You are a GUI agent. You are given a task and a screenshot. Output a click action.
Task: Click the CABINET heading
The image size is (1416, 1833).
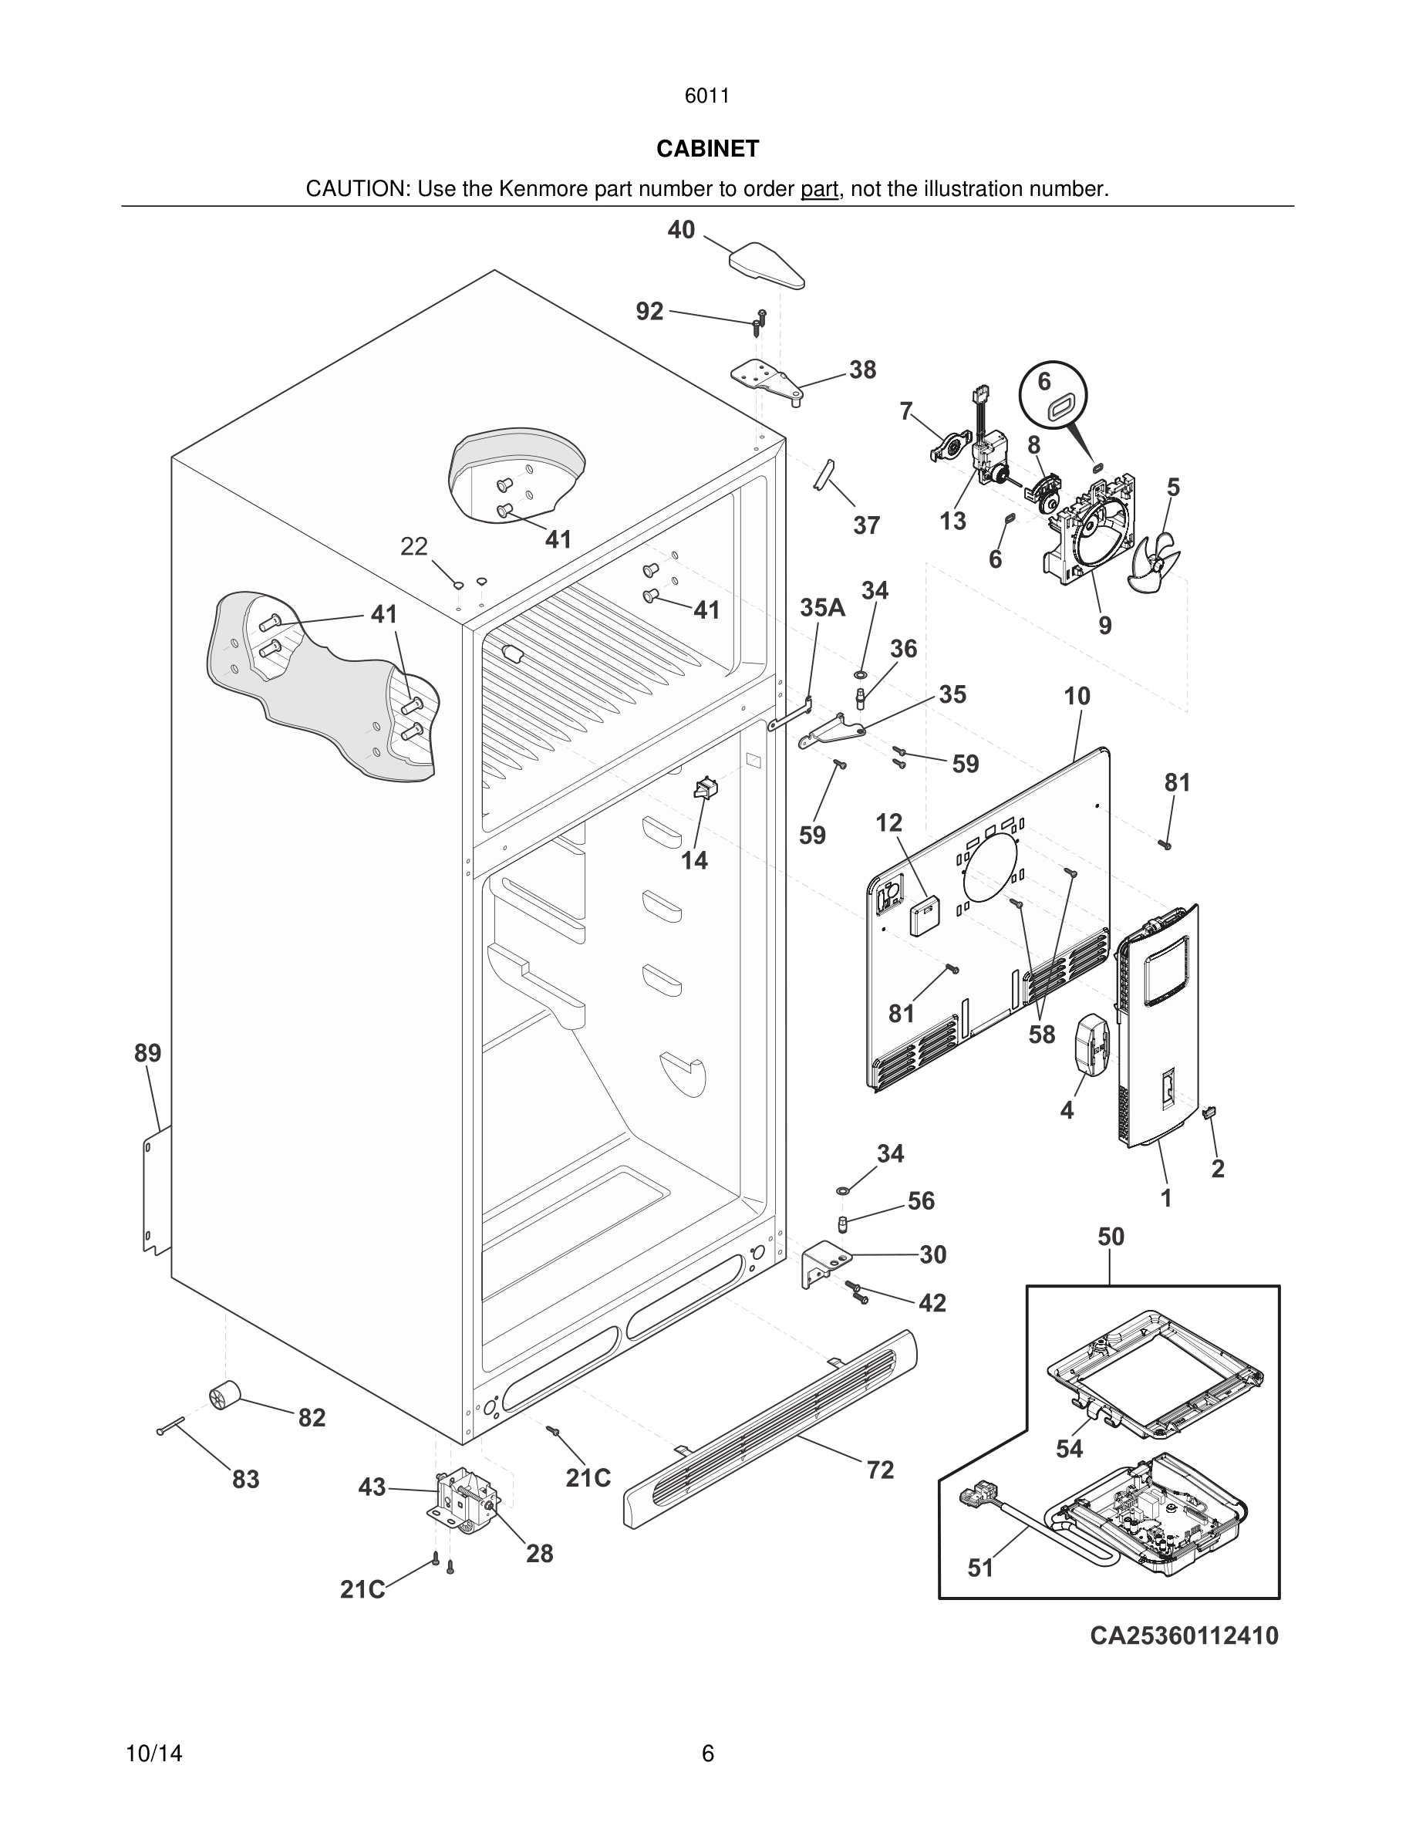(x=707, y=149)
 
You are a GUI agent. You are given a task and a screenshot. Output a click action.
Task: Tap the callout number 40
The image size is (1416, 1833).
(x=681, y=229)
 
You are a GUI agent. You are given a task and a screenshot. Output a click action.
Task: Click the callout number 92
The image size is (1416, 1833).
(x=649, y=312)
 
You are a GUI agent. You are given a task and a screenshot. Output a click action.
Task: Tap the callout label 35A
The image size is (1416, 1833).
(x=821, y=608)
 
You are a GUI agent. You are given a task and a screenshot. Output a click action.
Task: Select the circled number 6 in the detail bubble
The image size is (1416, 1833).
(x=1044, y=382)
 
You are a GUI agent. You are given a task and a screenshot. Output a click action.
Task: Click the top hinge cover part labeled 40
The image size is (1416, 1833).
(x=765, y=264)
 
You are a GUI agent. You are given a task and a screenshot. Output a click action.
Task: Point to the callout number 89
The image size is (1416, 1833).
(x=147, y=1052)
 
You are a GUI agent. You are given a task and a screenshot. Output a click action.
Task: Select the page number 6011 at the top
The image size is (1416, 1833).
(x=706, y=96)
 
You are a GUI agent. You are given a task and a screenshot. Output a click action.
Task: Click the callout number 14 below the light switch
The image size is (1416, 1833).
(x=694, y=860)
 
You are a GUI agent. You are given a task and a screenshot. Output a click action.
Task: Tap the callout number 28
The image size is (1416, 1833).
(x=539, y=1554)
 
